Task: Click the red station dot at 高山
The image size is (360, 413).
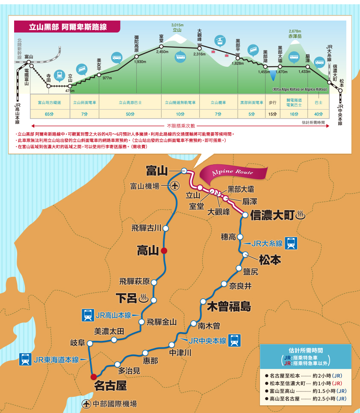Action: click(164, 251)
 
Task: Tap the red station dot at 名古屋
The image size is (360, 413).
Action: click(94, 377)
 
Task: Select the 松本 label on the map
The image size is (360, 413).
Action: click(269, 260)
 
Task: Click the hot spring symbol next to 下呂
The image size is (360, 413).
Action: click(144, 298)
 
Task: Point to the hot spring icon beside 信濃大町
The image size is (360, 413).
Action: click(300, 214)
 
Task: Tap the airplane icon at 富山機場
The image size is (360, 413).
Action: click(174, 186)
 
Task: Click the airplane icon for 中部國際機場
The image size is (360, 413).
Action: click(86, 404)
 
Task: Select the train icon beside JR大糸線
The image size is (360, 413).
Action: click(291, 243)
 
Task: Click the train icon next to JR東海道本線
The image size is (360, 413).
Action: click(25, 360)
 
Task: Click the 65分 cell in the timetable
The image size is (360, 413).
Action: click(49, 114)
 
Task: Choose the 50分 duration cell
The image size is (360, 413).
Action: click(130, 114)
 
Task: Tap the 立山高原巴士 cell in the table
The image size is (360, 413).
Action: click(130, 103)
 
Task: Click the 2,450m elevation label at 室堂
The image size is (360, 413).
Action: click(162, 52)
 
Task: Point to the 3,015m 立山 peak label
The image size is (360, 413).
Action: click(177, 28)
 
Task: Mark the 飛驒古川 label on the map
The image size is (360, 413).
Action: click(146, 228)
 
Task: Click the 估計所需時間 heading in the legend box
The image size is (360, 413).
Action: click(305, 349)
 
